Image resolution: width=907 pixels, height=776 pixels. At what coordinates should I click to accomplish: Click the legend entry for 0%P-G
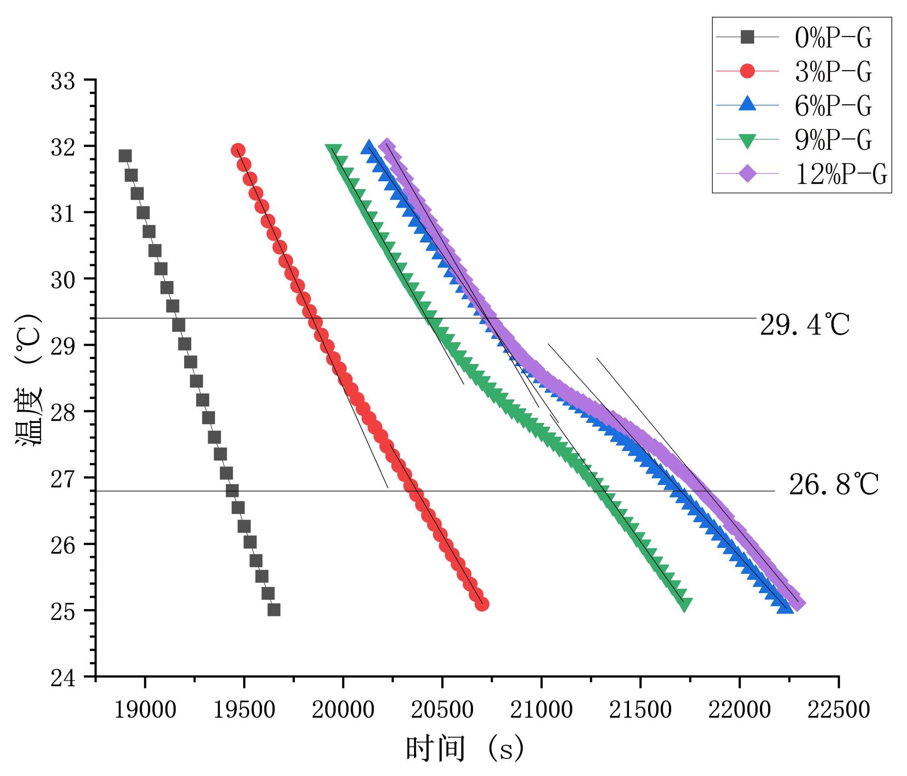click(x=833, y=37)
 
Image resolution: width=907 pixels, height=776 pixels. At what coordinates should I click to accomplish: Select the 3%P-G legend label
click(x=833, y=72)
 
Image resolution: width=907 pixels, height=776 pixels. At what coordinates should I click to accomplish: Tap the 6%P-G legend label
click(x=833, y=106)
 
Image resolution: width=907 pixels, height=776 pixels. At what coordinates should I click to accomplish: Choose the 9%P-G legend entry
click(x=833, y=140)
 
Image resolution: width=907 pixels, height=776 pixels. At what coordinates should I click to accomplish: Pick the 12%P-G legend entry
click(x=841, y=174)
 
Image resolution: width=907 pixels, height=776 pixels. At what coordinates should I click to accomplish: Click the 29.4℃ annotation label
click(x=804, y=325)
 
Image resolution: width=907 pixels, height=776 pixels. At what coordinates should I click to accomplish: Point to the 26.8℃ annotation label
click(x=834, y=485)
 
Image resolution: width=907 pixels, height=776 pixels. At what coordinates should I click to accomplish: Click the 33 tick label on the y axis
click(x=63, y=82)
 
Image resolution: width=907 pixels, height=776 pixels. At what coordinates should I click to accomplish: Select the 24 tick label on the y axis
click(x=63, y=679)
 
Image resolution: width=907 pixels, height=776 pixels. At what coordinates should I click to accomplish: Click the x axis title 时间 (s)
click(x=465, y=749)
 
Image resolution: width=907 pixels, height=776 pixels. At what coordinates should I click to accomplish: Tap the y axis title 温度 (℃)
click(x=29, y=379)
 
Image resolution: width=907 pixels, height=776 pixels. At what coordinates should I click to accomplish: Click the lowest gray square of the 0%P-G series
click(x=274, y=610)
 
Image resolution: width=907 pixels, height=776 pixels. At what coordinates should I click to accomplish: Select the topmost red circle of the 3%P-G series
click(x=238, y=150)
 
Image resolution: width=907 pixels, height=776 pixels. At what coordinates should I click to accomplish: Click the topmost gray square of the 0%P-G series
click(x=125, y=156)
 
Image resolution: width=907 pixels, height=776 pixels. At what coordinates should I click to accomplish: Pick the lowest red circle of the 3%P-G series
click(x=482, y=604)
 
